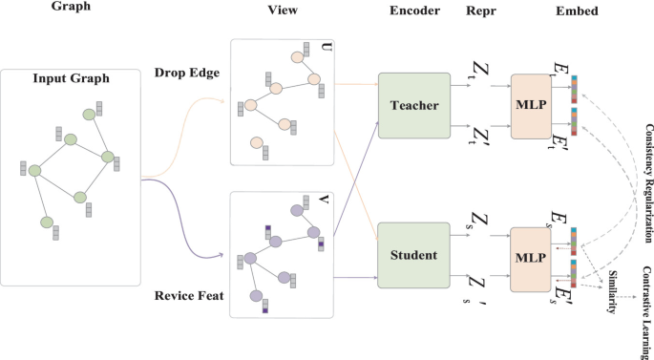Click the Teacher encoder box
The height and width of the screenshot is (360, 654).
(413, 105)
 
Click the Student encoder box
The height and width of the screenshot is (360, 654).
(413, 255)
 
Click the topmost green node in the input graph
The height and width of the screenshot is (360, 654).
(89, 114)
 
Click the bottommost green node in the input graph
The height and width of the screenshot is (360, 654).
(47, 222)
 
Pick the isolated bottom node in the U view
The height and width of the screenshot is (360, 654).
(256, 143)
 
